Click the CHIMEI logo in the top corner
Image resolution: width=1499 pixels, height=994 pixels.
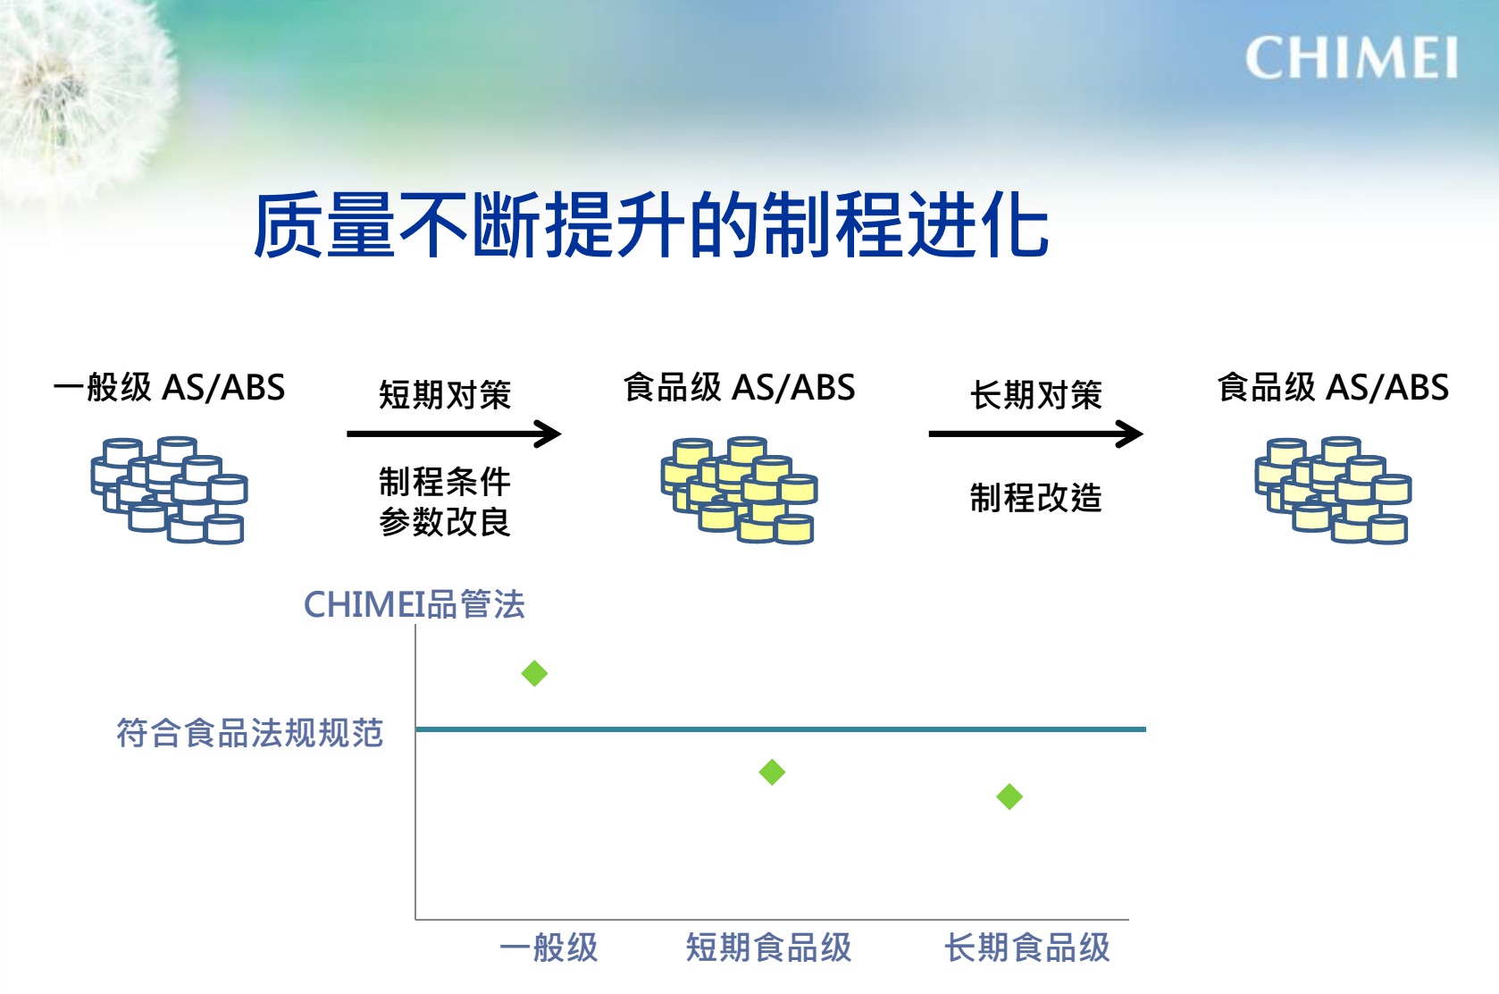[x=1351, y=58]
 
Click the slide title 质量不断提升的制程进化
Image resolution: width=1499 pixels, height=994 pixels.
[x=650, y=225]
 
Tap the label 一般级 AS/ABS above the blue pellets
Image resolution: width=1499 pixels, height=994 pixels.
[x=170, y=387]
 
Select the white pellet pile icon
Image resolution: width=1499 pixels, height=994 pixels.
[x=170, y=490]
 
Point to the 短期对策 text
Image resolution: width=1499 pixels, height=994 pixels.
[x=445, y=394]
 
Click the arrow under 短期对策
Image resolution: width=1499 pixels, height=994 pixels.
[x=454, y=434]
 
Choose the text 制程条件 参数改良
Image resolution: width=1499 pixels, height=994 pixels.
[x=445, y=501]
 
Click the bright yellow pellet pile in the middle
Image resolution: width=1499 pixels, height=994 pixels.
[x=739, y=490]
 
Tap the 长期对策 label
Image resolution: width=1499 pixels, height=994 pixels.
[x=1036, y=394]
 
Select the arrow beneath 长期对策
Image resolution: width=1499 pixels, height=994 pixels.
[x=1036, y=434]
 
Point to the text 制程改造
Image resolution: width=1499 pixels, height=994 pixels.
[x=1036, y=498]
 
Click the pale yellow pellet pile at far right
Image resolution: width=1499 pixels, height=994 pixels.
[x=1333, y=490]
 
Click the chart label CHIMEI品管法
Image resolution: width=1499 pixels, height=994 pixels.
[x=415, y=604]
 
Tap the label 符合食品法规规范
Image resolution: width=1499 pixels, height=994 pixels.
[x=250, y=733]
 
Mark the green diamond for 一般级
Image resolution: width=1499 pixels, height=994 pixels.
[x=534, y=673]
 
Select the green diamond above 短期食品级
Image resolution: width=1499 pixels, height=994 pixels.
[x=772, y=772]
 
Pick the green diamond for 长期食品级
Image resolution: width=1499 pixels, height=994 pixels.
[x=1009, y=797]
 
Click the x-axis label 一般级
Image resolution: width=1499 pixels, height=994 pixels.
[x=549, y=948]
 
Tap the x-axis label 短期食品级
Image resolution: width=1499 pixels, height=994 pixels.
[x=768, y=948]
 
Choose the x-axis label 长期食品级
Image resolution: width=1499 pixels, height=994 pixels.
[x=1026, y=948]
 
